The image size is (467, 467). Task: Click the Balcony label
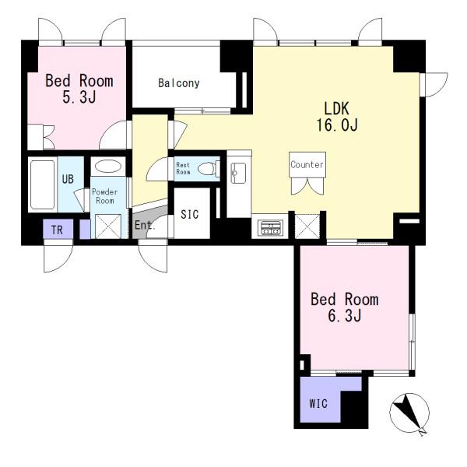(x=179, y=83)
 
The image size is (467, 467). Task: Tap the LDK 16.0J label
(x=337, y=117)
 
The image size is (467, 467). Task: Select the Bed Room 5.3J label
(x=79, y=89)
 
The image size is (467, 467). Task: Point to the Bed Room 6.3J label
(x=345, y=307)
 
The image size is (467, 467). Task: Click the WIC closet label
(x=318, y=403)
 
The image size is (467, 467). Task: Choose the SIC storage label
(x=190, y=214)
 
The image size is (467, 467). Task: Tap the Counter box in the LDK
(x=307, y=165)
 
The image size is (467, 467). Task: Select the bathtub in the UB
(x=43, y=184)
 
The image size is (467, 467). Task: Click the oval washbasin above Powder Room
(x=108, y=166)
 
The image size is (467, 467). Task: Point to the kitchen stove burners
(x=270, y=228)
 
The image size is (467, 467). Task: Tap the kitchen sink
(x=239, y=173)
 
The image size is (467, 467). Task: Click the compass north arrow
(x=409, y=413)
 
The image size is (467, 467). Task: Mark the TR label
(x=57, y=230)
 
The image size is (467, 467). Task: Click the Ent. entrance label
(x=145, y=225)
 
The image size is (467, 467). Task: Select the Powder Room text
(x=105, y=196)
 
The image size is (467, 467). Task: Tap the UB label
(x=68, y=179)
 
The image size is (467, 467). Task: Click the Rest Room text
(x=183, y=168)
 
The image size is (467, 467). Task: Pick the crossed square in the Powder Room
(x=108, y=226)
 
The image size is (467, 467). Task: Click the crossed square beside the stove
(x=307, y=226)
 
